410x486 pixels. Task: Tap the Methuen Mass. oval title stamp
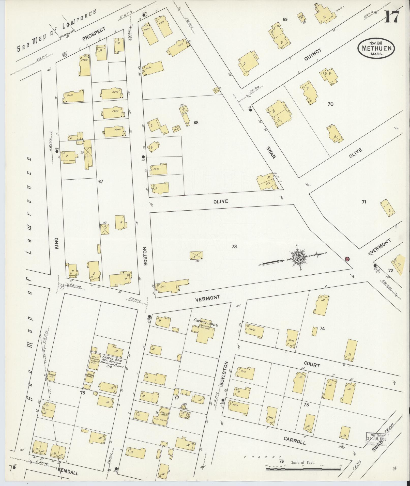(x=376, y=48)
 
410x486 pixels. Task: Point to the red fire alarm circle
(x=347, y=259)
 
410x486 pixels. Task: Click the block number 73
(x=234, y=246)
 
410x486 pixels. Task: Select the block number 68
(x=196, y=122)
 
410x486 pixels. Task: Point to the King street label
(x=56, y=243)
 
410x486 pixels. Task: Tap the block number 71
(x=364, y=202)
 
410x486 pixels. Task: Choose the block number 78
(x=82, y=393)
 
